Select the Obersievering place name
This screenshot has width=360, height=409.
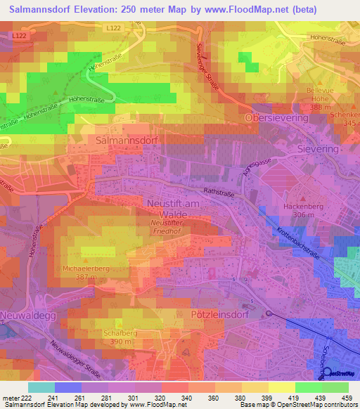coord(276,119)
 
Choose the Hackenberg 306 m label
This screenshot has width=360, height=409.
coord(302,212)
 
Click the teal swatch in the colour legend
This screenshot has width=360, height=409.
coord(41,387)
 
